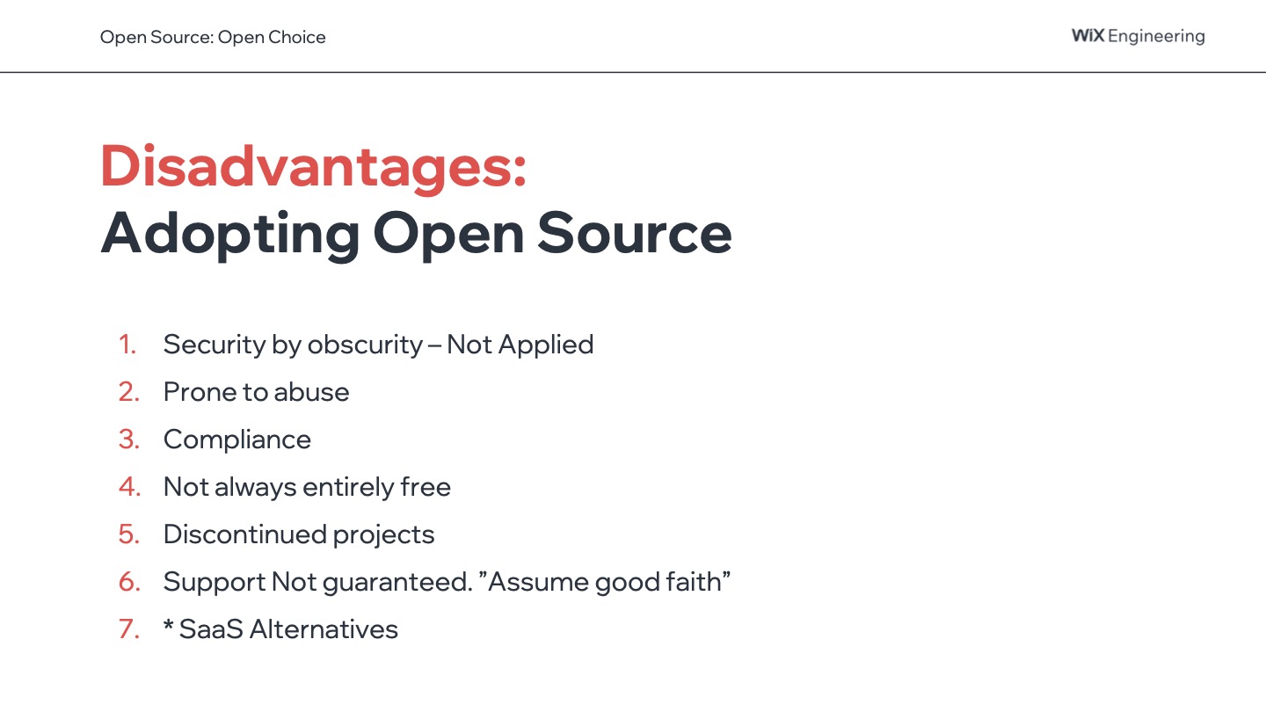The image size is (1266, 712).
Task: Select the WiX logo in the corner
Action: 1088,35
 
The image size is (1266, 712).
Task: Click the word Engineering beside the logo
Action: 1156,37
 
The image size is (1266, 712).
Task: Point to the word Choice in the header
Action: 297,37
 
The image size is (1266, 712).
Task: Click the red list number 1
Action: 127,345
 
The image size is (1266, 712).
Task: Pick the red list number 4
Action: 129,487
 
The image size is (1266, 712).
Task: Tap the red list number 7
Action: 129,629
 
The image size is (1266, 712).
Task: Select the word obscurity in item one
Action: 365,345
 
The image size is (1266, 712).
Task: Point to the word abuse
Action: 311,392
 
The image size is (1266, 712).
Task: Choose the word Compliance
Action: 237,440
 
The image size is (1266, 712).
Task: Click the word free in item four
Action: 426,487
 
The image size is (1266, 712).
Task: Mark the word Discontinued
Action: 244,534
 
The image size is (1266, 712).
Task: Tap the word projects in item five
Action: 383,535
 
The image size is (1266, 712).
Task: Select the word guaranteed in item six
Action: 397,583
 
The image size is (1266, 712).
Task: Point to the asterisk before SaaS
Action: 169,625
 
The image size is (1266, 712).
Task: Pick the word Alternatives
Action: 324,629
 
